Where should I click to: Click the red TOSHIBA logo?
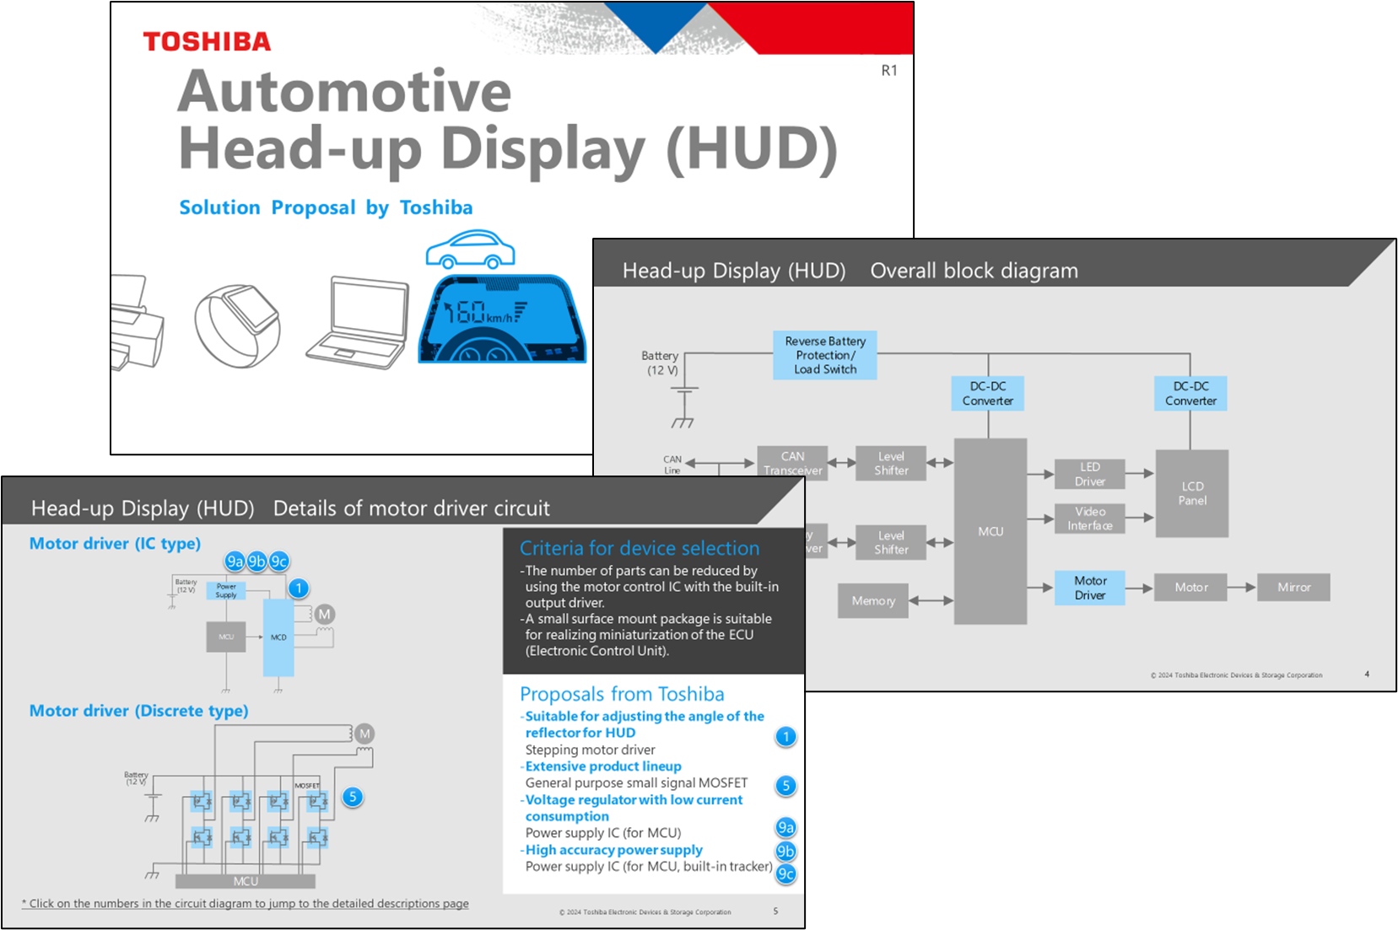207,41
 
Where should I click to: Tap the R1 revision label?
889,71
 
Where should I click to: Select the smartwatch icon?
237,325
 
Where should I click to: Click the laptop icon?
359,322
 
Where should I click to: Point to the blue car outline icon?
470,249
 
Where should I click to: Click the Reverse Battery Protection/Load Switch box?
824,355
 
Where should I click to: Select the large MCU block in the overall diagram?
990,531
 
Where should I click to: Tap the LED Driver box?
1090,474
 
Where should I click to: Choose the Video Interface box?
1090,519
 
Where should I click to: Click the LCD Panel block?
1192,493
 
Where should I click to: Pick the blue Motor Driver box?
1090,588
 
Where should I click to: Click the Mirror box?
1293,588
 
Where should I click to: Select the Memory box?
873,601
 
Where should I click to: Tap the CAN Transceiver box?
792,463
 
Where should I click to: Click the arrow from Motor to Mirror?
1241,587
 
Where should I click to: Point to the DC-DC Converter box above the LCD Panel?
1190,394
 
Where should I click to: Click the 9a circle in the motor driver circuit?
235,562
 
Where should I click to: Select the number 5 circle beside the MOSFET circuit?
353,797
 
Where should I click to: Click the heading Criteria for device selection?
640,548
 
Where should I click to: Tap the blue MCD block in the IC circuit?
278,637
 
